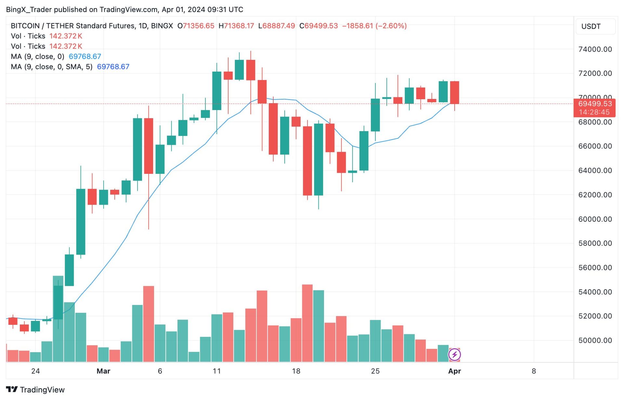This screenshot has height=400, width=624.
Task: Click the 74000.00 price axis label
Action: [595, 49]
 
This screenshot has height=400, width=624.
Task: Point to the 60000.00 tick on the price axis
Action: [595, 219]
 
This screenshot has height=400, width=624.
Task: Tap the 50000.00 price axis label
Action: [595, 340]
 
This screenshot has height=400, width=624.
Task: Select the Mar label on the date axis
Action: [103, 371]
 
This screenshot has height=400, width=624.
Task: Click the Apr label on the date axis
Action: [454, 371]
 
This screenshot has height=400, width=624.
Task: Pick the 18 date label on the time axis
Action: [296, 371]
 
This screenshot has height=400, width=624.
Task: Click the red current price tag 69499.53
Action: [595, 104]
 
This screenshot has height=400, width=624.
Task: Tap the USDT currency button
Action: [591, 26]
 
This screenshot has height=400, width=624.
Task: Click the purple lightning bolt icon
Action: [454, 354]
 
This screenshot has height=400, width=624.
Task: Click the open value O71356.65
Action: [196, 26]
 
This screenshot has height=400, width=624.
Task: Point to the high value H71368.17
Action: [236, 26]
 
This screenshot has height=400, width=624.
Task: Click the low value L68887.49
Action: [277, 26]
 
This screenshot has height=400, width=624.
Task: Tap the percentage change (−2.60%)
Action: [391, 26]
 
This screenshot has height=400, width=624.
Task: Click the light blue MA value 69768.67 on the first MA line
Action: [85, 56]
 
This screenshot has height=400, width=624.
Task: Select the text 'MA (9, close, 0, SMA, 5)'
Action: [51, 67]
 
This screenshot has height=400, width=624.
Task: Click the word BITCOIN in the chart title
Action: [25, 26]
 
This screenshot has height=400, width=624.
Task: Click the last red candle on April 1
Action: [454, 92]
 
